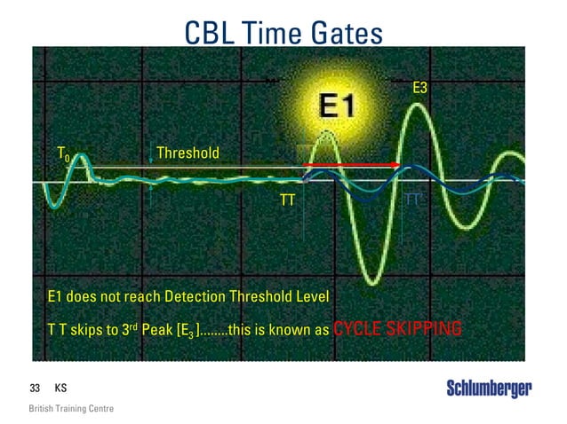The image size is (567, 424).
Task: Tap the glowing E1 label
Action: click(337, 107)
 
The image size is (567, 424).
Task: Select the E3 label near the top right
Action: click(423, 88)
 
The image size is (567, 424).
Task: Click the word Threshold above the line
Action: click(188, 153)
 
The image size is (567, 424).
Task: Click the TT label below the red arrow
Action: click(287, 201)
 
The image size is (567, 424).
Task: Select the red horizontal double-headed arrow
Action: click(351, 165)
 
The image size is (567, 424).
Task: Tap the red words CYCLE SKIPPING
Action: click(397, 331)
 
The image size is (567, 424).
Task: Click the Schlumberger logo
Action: click(488, 389)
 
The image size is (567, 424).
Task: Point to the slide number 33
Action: click(36, 389)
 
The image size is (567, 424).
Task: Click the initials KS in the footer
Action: click(60, 389)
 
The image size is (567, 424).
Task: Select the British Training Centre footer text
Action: click(71, 409)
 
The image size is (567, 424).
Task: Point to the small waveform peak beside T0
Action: click(80, 157)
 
